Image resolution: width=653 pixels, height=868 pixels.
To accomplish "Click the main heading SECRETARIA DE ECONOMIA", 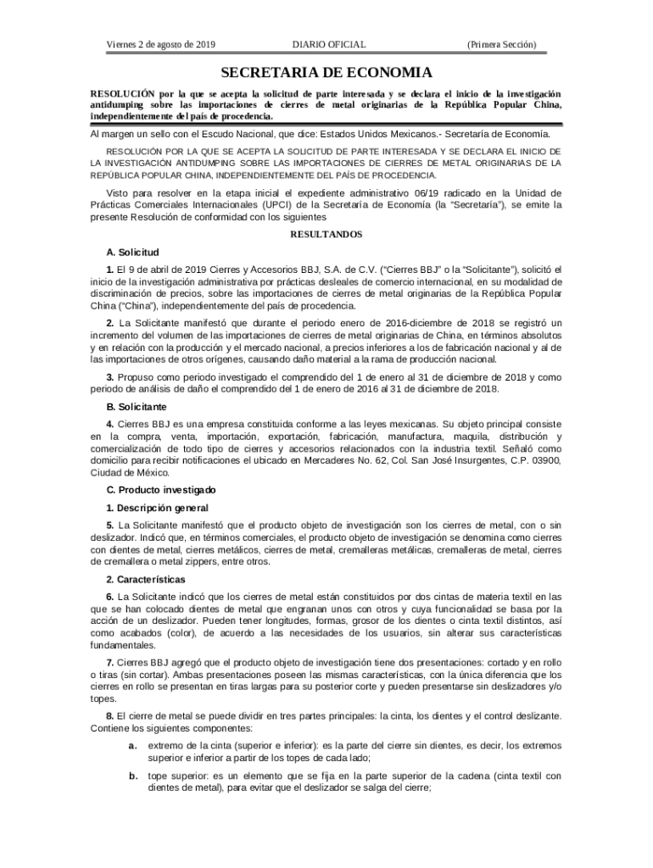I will (x=326, y=73).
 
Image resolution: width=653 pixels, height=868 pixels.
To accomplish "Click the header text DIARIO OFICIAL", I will (x=329, y=44).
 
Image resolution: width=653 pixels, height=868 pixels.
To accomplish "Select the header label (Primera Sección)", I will (x=501, y=44).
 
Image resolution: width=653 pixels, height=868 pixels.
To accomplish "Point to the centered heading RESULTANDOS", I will (x=326, y=234).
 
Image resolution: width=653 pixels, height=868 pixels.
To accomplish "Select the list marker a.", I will (x=133, y=745).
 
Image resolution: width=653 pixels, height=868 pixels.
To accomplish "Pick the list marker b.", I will (x=133, y=775).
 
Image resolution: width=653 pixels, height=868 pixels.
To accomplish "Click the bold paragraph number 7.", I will (x=110, y=661).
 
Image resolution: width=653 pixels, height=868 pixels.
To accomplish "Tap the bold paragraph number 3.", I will (x=110, y=376).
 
